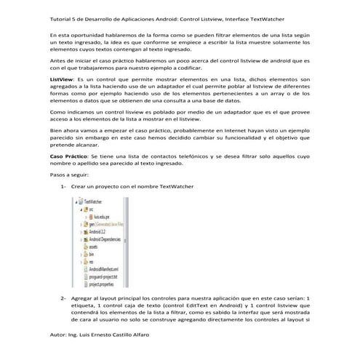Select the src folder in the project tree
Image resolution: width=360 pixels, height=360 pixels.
91,209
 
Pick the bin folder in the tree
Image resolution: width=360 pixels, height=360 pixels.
92,254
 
